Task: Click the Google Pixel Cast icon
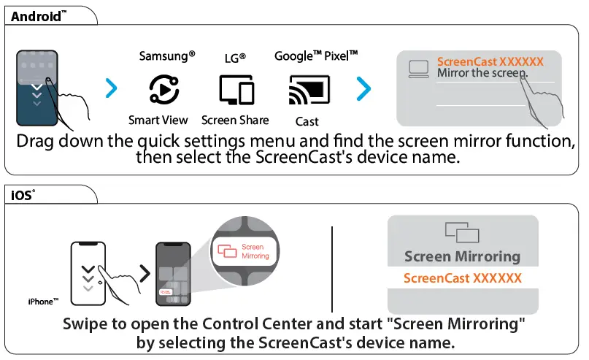coord(307,90)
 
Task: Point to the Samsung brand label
coord(167,56)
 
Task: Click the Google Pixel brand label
coord(316,56)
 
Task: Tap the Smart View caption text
coord(158,120)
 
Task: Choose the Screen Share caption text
coord(235,120)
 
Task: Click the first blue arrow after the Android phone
coord(111,88)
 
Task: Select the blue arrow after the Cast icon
coord(363,88)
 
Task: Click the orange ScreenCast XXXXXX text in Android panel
coord(490,62)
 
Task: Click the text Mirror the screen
coord(482,74)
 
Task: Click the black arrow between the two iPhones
coord(145,274)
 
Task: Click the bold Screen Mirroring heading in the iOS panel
coord(462,256)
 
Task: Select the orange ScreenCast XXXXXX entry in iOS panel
coord(463,278)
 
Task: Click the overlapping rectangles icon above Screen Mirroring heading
coord(462,233)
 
